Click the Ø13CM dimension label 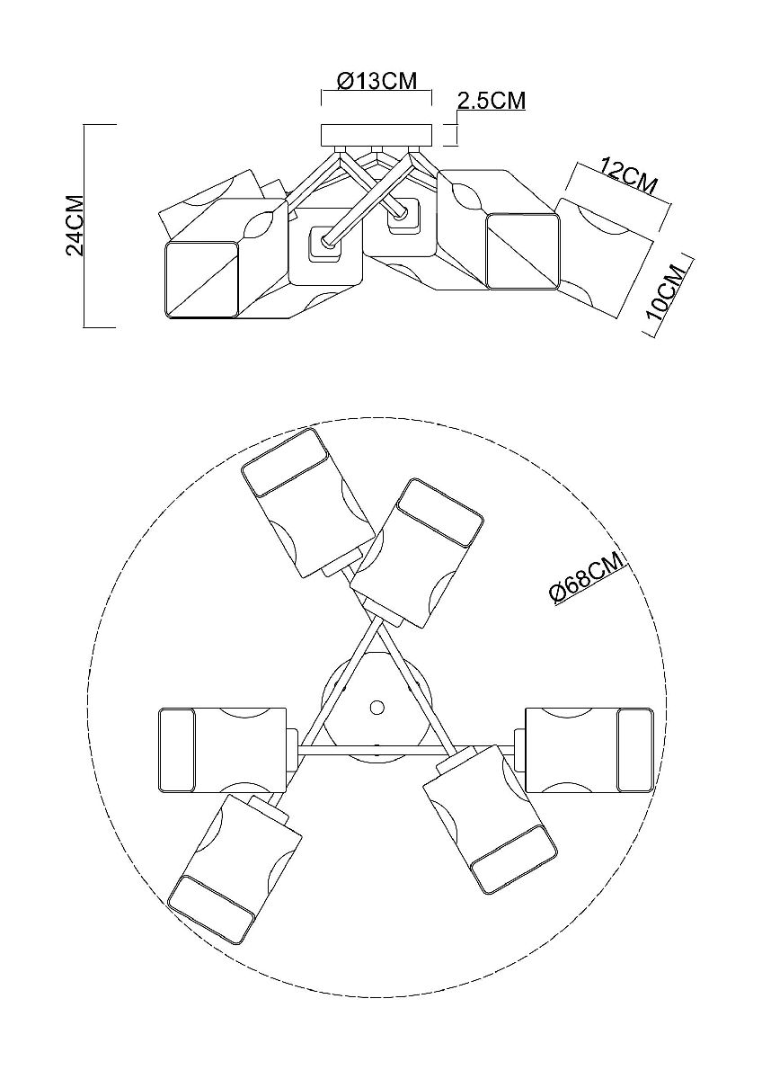tap(377, 81)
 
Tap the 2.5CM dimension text tap(491, 100)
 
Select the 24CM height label tap(76, 225)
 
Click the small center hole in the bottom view tap(377, 706)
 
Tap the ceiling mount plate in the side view tap(377, 135)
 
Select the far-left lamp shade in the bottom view tap(221, 749)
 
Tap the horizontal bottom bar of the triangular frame tap(377, 748)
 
